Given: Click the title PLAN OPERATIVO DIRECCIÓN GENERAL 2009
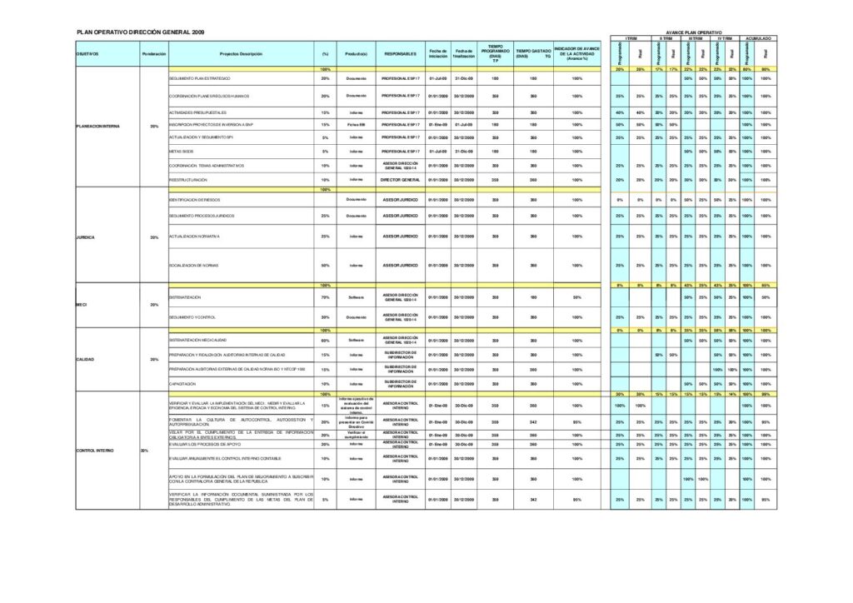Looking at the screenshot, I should [140, 31].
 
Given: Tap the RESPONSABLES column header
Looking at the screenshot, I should [400, 53].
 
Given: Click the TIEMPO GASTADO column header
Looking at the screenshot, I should [533, 53].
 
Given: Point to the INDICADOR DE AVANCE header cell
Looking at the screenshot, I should [576, 53].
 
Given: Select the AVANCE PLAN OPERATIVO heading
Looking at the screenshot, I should [694, 32].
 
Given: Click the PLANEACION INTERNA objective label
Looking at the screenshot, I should [97, 126].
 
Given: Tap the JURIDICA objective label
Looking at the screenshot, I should [85, 237].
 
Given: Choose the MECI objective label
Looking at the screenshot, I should [82, 305].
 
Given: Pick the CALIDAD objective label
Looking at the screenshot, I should [85, 359].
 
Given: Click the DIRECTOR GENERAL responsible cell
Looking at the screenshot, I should [400, 179].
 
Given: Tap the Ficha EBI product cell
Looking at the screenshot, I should [357, 124].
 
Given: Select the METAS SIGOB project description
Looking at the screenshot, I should [181, 152].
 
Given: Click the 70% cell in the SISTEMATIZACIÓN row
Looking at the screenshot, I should [325, 297].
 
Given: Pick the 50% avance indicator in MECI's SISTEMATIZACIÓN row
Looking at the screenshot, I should [576, 297].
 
